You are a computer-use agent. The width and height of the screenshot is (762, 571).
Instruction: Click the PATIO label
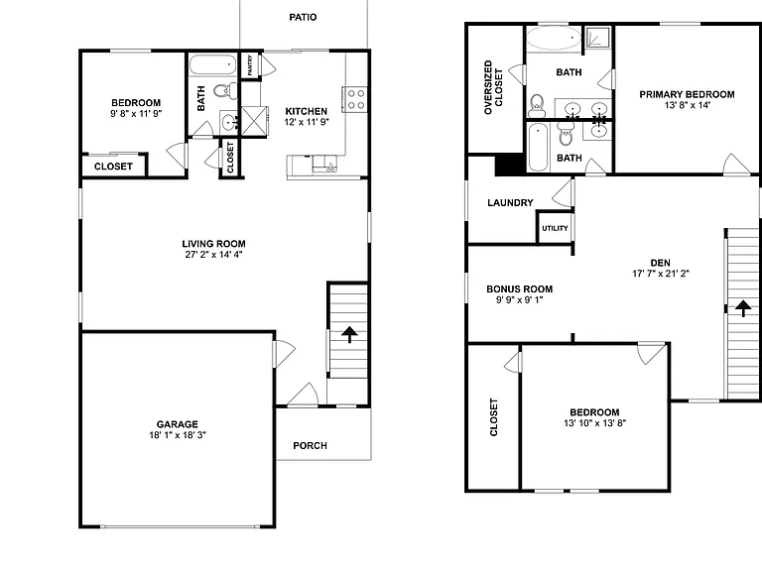coord(303,18)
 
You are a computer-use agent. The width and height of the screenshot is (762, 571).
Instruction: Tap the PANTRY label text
coord(250,65)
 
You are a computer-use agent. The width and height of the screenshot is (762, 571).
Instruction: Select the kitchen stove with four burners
coord(355,99)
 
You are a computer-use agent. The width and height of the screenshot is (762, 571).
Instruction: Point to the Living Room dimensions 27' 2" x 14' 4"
coord(214,255)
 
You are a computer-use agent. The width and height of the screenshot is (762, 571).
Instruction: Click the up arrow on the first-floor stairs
coord(349,334)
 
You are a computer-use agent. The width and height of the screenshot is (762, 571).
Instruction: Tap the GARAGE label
coord(178,424)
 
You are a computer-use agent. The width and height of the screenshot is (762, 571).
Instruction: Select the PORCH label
coord(310,446)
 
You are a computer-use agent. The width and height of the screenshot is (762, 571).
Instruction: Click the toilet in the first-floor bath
coord(225,90)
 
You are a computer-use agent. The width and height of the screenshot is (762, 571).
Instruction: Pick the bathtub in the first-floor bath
coord(212,64)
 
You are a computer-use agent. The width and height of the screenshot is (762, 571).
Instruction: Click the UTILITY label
coord(555,228)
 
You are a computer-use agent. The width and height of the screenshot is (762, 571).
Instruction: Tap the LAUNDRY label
coord(510,202)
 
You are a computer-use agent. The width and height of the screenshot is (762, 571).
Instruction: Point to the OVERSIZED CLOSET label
coord(493,87)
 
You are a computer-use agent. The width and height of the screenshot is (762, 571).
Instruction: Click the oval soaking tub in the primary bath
coord(554,38)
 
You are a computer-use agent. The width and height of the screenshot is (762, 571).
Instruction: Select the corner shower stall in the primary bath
coord(597,37)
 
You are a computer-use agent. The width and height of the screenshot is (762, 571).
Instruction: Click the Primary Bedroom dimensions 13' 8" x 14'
coord(688,105)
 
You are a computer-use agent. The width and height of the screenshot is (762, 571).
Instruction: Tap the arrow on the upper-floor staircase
coord(743,308)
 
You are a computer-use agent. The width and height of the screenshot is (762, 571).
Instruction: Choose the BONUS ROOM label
coord(520,288)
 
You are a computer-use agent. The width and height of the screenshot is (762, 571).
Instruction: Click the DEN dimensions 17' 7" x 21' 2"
coord(661,274)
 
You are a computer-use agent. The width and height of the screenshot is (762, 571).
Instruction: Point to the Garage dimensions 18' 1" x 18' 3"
coord(178,435)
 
